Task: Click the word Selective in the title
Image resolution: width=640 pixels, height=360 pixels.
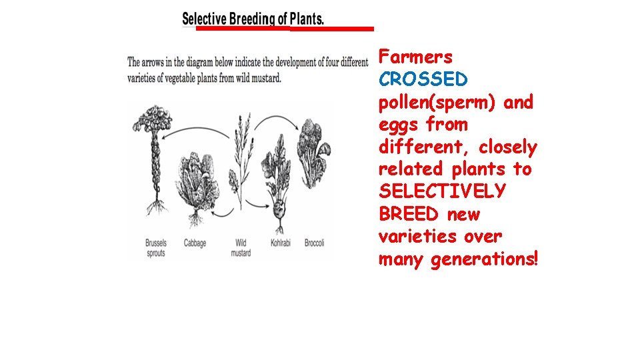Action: (x=204, y=19)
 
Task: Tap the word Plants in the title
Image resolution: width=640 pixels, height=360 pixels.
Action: (x=306, y=19)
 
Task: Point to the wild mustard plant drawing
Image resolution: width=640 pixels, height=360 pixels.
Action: (x=239, y=167)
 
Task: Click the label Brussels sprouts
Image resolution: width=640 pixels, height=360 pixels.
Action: (x=156, y=248)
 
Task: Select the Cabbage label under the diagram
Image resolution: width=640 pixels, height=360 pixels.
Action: (x=195, y=243)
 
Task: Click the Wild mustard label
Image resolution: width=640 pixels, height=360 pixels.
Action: (x=241, y=248)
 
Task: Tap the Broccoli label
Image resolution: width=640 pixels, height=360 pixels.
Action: (x=314, y=243)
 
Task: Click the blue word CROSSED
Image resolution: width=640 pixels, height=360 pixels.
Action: (x=423, y=80)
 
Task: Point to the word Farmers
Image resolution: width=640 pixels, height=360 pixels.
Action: (x=415, y=57)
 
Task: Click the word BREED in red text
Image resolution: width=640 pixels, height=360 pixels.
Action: (x=408, y=215)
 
